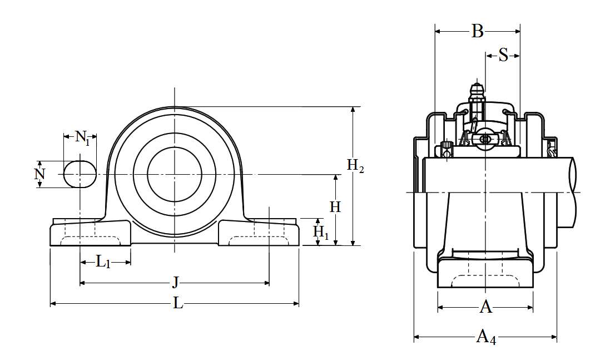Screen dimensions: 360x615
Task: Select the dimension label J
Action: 175,283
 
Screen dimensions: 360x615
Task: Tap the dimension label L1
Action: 103,262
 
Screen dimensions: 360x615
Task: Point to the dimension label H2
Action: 355,165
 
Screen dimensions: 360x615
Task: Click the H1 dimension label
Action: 321,231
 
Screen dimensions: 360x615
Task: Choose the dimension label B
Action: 477,31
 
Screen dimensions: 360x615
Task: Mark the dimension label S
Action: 503,55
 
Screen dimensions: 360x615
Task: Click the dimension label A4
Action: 485,337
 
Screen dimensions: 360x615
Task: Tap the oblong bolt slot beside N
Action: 79,174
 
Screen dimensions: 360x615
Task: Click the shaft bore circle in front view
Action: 174,175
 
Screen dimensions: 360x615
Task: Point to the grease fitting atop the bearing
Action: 476,92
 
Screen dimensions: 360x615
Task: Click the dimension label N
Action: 39,174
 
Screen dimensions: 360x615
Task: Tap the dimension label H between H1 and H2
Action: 335,207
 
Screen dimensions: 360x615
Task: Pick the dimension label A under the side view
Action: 485,307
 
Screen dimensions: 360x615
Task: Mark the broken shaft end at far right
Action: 572,192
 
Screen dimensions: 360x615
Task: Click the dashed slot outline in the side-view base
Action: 485,281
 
